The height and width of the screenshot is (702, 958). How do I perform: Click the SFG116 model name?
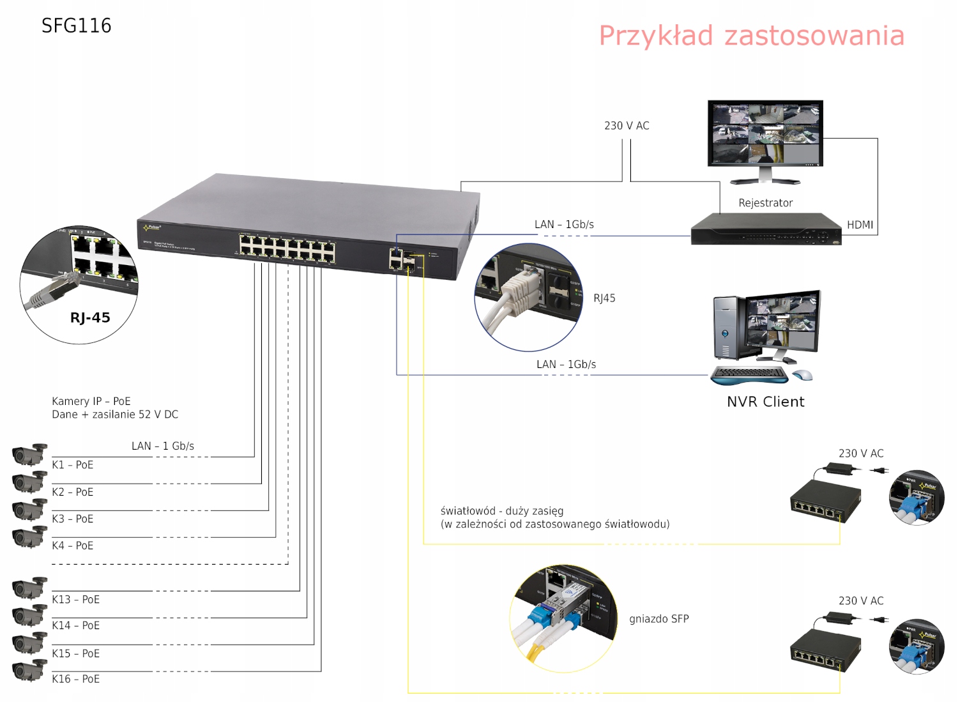coord(76,26)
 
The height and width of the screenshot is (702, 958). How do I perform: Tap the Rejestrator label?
coord(765,203)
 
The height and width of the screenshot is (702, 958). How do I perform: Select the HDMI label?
coord(860,225)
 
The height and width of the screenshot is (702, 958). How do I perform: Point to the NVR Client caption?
coord(765,402)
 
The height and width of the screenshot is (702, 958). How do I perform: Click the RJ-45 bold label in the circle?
coord(90,317)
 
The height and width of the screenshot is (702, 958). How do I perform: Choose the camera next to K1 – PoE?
coord(29,455)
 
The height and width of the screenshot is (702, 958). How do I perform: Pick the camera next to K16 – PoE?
coord(29,670)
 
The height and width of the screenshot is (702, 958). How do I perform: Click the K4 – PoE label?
coord(73,546)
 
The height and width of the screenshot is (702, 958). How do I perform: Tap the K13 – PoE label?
coord(75,599)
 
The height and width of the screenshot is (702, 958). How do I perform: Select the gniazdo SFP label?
coord(658,619)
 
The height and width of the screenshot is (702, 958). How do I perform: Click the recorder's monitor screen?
coord(765,133)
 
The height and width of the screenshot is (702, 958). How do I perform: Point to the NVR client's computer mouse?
coord(803,375)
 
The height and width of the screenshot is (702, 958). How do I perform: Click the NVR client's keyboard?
coord(749,375)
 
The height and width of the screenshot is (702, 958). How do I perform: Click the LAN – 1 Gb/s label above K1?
coord(163,446)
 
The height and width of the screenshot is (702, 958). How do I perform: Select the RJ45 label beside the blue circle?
coord(604,298)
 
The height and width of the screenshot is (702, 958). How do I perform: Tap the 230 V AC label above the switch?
coord(627,126)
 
